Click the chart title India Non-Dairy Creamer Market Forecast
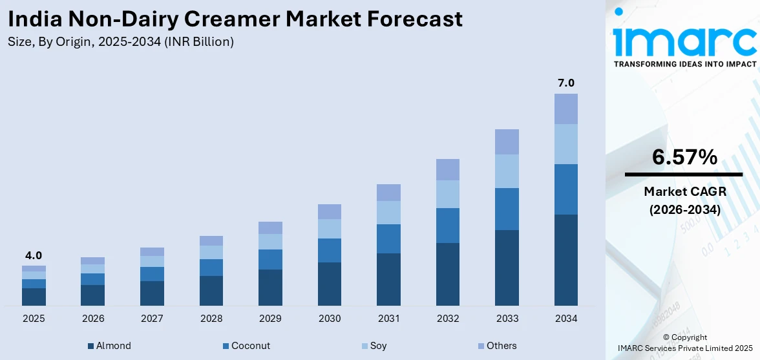[x=235, y=19]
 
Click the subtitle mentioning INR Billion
[x=121, y=42]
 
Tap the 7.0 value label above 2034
[x=565, y=83]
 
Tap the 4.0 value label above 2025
[x=34, y=255]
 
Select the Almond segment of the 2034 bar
[x=565, y=260]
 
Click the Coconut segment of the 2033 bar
[x=507, y=209]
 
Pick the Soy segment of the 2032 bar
[x=447, y=194]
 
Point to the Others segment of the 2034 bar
[x=565, y=109]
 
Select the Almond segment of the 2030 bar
[x=329, y=284]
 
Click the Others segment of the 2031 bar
[x=388, y=192]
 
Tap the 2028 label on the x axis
[x=211, y=319]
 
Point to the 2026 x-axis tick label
[x=93, y=319]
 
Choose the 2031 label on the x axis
[x=388, y=319]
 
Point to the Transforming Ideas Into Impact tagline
[x=684, y=64]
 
